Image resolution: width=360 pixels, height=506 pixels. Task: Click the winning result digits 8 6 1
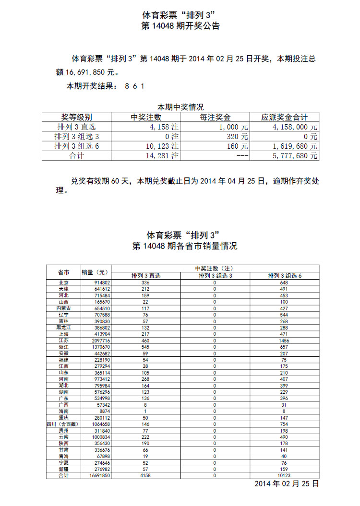point(134,86)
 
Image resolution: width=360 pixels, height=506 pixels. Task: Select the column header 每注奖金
point(215,117)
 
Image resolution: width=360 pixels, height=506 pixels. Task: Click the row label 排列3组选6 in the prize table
point(76,146)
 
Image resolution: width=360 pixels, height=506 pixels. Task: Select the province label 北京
point(63,283)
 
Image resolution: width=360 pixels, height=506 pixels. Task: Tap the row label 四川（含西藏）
point(62,424)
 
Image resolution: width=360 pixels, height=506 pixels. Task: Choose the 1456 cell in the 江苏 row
point(284,341)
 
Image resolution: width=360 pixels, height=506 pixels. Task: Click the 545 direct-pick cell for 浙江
point(146,346)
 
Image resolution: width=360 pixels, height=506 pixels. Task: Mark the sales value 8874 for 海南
point(103,411)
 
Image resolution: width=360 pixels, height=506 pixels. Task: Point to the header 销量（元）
point(96,272)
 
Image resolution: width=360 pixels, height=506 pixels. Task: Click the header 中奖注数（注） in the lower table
point(215,268)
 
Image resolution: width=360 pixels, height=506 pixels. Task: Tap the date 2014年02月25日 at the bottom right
point(286,484)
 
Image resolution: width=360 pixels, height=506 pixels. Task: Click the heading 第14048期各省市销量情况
point(184,247)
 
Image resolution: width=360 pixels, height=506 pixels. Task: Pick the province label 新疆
point(63,469)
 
